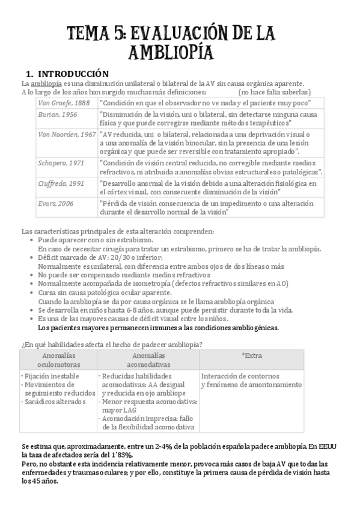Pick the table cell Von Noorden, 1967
click(x=66, y=134)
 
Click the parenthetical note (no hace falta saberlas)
click(x=274, y=92)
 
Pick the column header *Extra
click(x=252, y=355)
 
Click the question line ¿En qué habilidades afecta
click(x=111, y=344)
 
